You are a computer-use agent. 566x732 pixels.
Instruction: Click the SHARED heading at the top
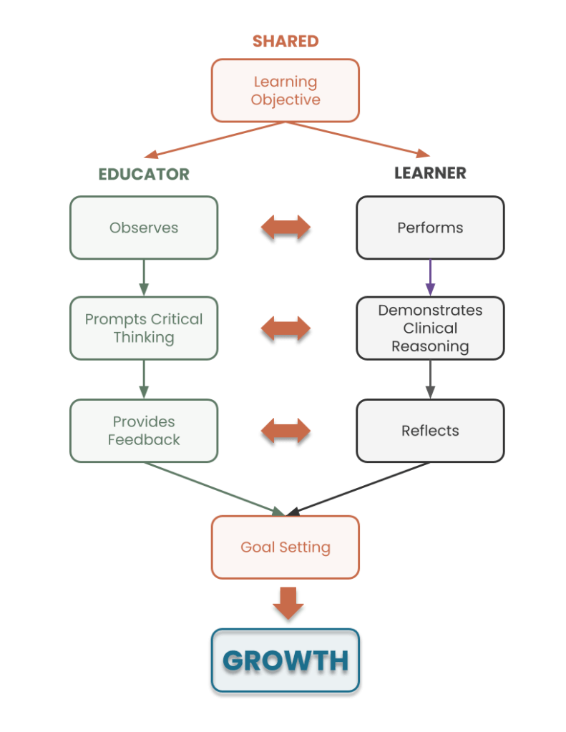[x=286, y=41]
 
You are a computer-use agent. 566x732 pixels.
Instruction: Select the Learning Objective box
[x=286, y=90]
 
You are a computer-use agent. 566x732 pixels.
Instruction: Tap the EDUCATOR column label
[x=144, y=174]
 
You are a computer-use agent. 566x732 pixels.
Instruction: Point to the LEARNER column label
[x=430, y=173]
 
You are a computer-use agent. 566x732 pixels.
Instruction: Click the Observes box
[x=144, y=228]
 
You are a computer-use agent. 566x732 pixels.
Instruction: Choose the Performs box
[x=430, y=228]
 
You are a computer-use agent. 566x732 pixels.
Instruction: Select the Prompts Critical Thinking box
[x=144, y=328]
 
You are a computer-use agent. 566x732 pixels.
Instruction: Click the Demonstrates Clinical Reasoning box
[x=430, y=328]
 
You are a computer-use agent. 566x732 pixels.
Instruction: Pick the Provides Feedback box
[x=144, y=431]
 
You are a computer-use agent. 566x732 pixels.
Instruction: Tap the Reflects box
[x=430, y=431]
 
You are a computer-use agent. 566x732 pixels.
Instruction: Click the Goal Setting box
[x=286, y=547]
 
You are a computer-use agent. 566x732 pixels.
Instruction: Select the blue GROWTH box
[x=286, y=661]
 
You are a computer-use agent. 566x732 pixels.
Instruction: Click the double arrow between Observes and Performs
[x=286, y=229]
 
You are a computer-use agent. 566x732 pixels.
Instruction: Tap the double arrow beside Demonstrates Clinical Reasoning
[x=286, y=331]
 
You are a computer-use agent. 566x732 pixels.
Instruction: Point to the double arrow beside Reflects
[x=286, y=433]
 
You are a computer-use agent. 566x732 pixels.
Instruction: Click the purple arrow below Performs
[x=430, y=277]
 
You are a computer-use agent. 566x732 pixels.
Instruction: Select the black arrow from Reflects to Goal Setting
[x=361, y=489]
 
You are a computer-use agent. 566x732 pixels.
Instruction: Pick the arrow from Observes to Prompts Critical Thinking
[x=144, y=277]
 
